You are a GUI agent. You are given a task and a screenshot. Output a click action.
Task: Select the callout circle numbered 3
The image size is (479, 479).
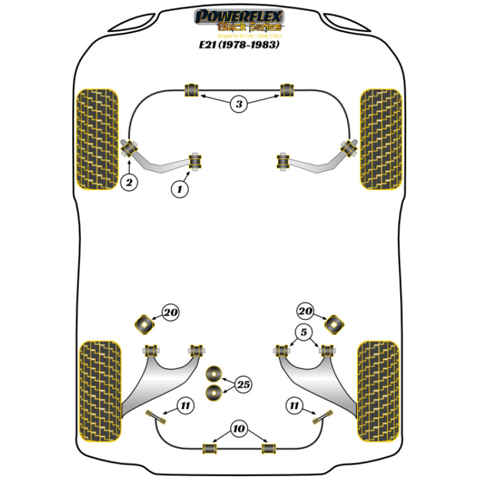239,103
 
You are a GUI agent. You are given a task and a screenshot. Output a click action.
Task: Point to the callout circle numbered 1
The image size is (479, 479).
179,190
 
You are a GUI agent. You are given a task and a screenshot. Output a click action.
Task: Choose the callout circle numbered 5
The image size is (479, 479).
305,332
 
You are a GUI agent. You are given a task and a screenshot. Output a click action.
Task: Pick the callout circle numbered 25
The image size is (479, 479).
243,384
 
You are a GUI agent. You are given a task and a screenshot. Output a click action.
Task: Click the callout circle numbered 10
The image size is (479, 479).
238,429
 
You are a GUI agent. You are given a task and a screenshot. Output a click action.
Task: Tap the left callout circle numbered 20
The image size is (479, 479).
170,313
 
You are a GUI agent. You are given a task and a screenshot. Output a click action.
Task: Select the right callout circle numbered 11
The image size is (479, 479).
294,407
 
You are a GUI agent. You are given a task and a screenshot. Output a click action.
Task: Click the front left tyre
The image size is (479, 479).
97,139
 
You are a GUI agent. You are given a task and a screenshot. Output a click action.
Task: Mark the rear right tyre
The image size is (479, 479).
378,390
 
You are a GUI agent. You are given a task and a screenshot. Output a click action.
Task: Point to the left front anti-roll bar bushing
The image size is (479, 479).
191,90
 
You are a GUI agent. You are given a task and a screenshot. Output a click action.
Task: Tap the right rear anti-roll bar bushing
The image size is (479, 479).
269,448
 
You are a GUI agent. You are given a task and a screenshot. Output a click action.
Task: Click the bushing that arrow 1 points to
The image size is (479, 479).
195,161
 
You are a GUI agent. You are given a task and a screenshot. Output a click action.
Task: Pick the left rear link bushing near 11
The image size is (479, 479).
158,417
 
